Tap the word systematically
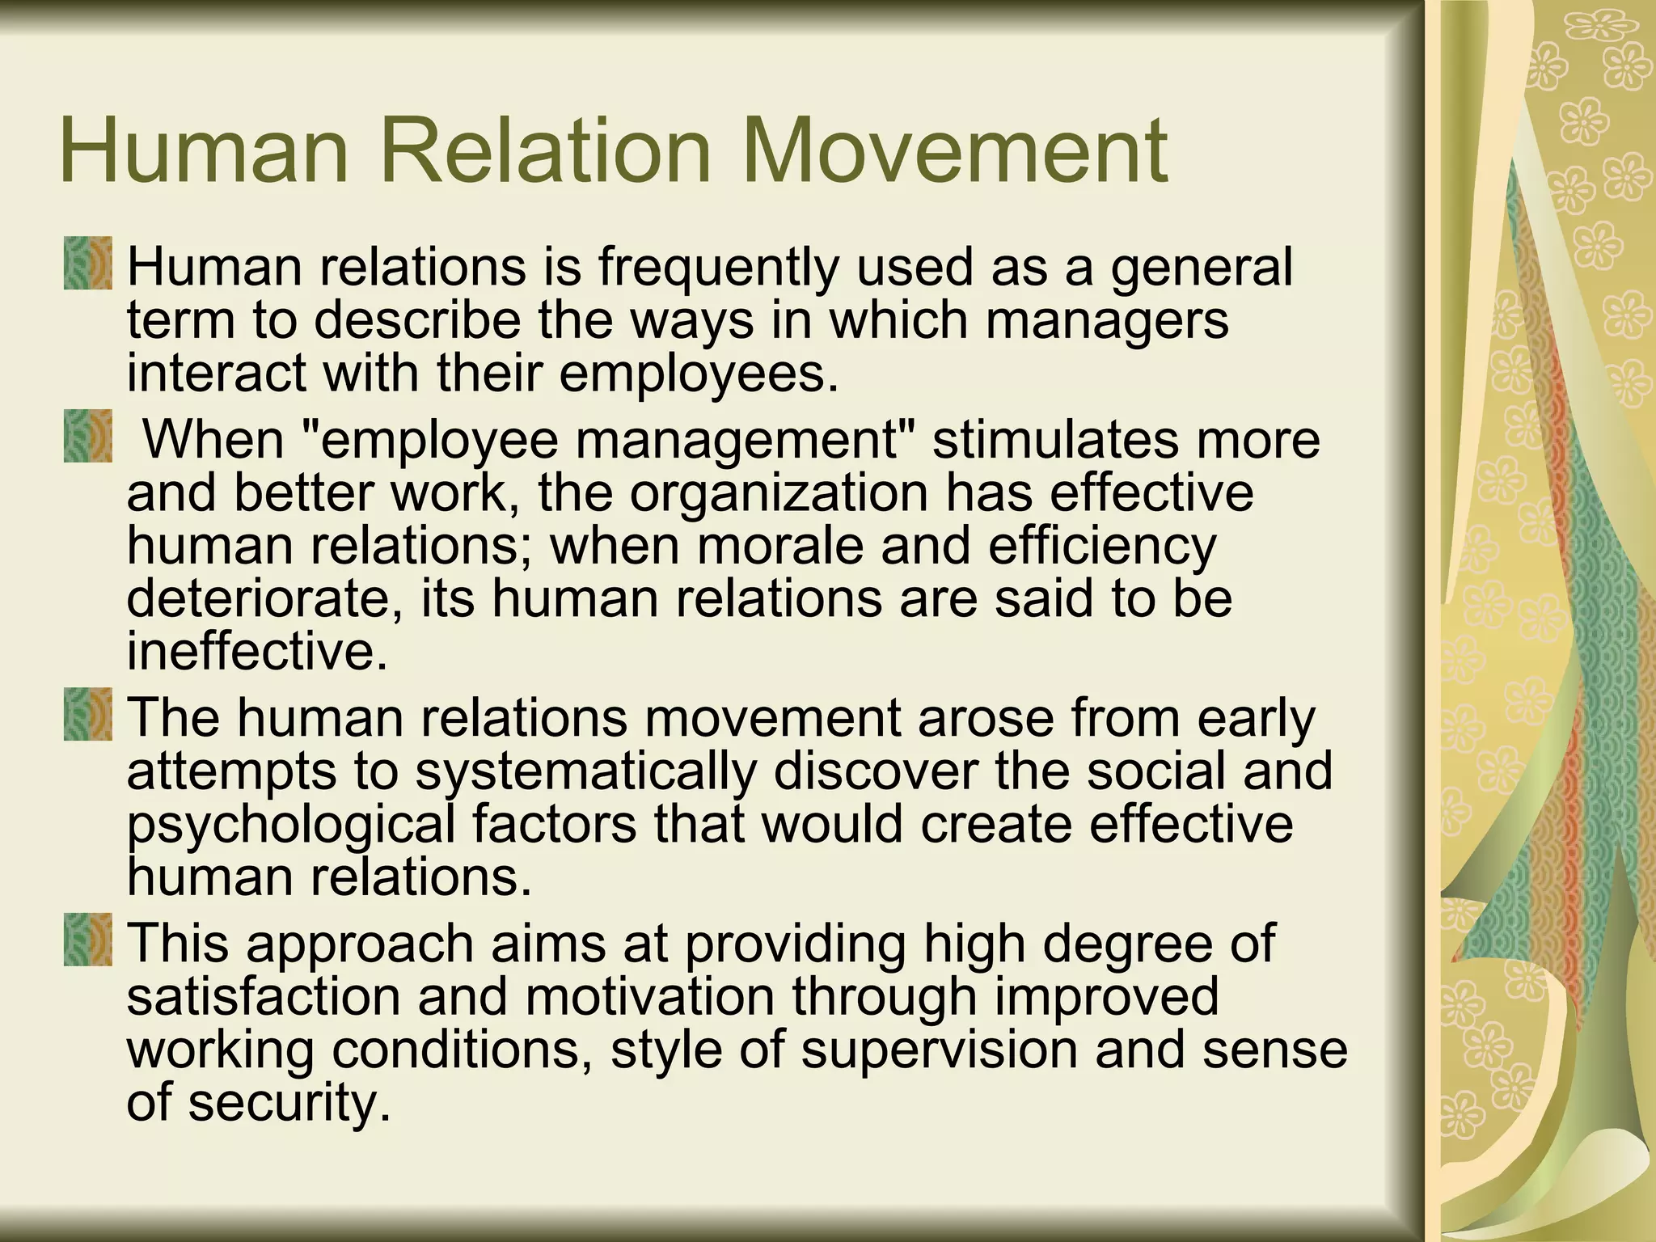(x=586, y=771)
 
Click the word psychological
(x=291, y=826)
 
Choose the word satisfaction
(x=264, y=997)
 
